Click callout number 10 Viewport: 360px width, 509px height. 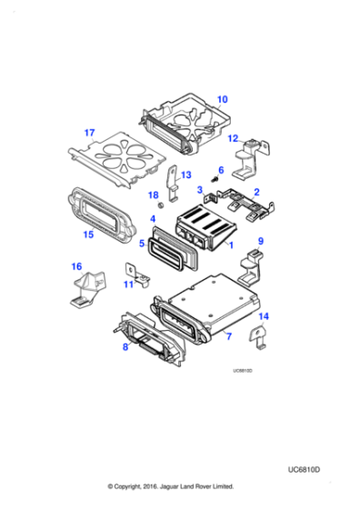(x=223, y=99)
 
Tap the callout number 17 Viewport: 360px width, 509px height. (x=89, y=133)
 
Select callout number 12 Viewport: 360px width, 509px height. (x=234, y=138)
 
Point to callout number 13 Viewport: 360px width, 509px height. (x=185, y=175)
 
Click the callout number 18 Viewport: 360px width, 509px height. (x=153, y=195)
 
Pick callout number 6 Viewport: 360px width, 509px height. (x=220, y=170)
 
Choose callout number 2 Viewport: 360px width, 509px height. (x=256, y=192)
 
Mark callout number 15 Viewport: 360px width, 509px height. (x=88, y=235)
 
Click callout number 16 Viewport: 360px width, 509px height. (x=76, y=266)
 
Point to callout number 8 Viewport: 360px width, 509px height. (x=125, y=346)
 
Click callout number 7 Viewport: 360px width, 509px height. (x=228, y=337)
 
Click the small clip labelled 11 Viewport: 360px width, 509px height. (x=132, y=271)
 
